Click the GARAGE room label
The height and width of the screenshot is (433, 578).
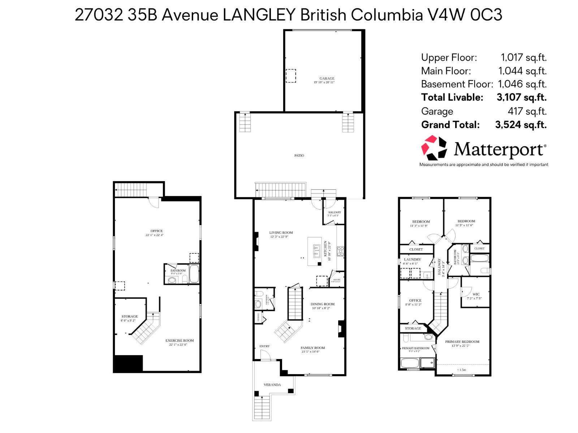327,78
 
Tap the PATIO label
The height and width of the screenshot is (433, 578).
299,156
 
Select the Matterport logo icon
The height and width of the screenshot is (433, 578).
434,148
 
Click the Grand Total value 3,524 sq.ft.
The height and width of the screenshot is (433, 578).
521,125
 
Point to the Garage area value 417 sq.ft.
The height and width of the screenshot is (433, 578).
527,111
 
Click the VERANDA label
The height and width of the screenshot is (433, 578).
272,385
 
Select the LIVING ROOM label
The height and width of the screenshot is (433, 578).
281,233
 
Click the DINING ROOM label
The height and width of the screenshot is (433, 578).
322,304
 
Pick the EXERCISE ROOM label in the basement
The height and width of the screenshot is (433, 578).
180,340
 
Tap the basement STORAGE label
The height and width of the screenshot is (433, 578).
129,316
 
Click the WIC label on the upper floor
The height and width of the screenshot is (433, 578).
476,294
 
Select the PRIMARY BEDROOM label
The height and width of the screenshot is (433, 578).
462,342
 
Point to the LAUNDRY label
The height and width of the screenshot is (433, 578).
412,259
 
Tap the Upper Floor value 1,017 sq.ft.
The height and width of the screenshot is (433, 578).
523,57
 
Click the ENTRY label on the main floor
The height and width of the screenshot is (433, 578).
264,346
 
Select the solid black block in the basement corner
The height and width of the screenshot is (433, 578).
128,364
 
